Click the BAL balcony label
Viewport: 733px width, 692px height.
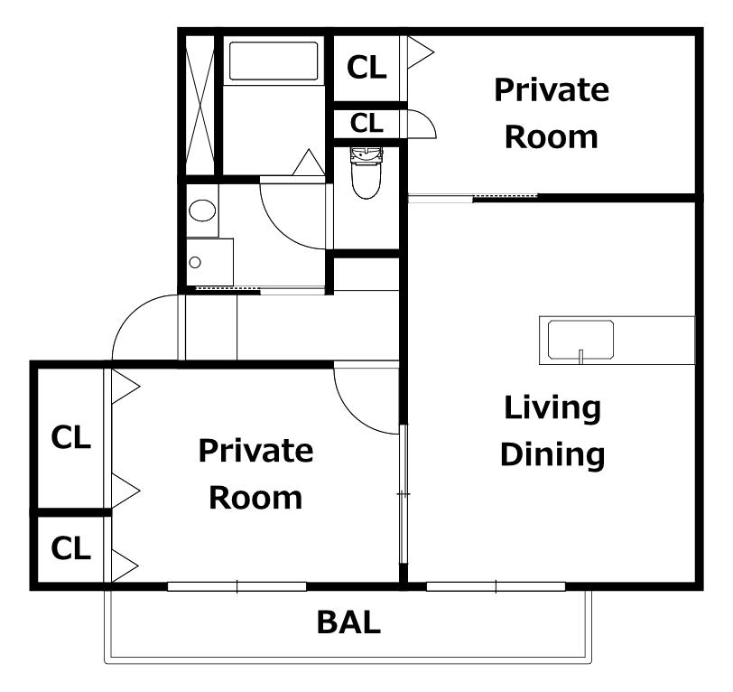pyautogui.click(x=348, y=622)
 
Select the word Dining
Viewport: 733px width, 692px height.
pyautogui.click(x=552, y=456)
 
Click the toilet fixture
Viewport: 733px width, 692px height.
pyautogui.click(x=366, y=173)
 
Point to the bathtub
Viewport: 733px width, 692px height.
pyautogui.click(x=274, y=61)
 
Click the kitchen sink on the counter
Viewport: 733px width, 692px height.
pyautogui.click(x=580, y=341)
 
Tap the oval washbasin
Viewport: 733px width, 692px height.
pyautogui.click(x=202, y=210)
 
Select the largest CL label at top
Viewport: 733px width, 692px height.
pyautogui.click(x=366, y=68)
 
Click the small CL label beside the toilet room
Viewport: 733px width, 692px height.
pyautogui.click(x=366, y=124)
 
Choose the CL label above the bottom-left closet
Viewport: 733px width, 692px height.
pyautogui.click(x=70, y=437)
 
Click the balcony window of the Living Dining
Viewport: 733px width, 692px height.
pyautogui.click(x=496, y=586)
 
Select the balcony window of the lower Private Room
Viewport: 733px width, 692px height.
pyautogui.click(x=237, y=586)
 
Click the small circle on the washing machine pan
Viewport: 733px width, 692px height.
pyautogui.click(x=195, y=263)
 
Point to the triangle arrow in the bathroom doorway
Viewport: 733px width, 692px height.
pyautogui.click(x=309, y=163)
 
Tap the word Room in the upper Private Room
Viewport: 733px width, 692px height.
pyautogui.click(x=552, y=137)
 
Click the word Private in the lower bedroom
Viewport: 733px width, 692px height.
pyautogui.click(x=255, y=452)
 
